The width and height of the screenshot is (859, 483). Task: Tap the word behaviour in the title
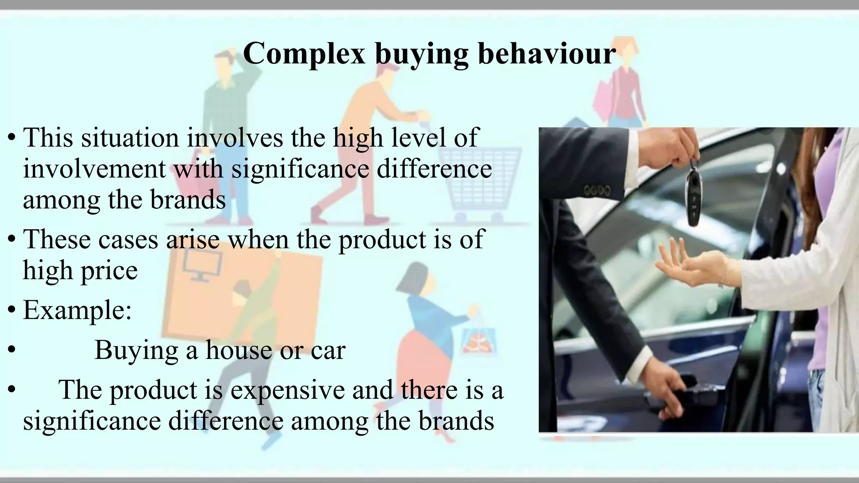click(x=547, y=54)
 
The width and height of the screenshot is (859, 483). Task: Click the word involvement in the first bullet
click(x=94, y=169)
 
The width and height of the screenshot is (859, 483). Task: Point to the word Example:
click(x=77, y=310)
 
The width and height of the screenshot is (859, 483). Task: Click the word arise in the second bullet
click(x=193, y=239)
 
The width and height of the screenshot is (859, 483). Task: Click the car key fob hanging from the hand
click(x=694, y=197)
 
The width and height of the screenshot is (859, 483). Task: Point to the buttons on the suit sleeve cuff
click(x=597, y=191)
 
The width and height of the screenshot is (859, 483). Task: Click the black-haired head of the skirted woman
click(x=413, y=279)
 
